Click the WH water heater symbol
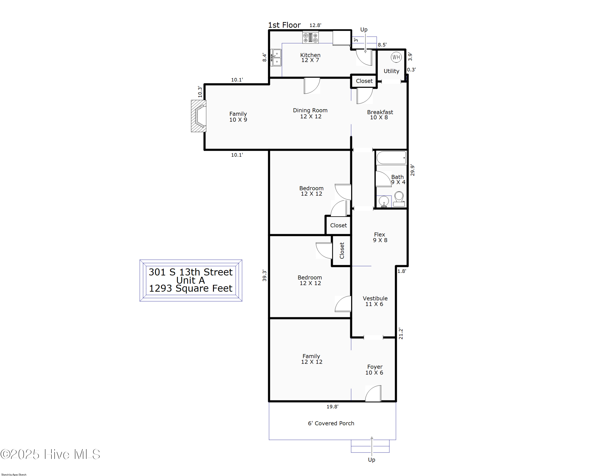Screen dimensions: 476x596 pyautogui.click(x=396, y=57)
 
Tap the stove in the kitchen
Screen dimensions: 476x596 pyautogui.click(x=310, y=37)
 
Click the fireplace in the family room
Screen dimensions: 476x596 pyautogui.click(x=199, y=116)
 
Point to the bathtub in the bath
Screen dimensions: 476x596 pyautogui.click(x=391, y=158)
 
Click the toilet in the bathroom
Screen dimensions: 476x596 pyautogui.click(x=399, y=199)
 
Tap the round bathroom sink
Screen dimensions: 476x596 pyautogui.click(x=384, y=201)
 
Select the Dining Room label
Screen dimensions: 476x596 pyautogui.click(x=310, y=110)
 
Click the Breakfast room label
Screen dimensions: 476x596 pyautogui.click(x=380, y=112)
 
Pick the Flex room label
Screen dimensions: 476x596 pyautogui.click(x=379, y=234)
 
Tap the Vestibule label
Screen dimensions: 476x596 pyautogui.click(x=375, y=298)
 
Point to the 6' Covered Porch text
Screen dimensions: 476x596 pyautogui.click(x=331, y=423)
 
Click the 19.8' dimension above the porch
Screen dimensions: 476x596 pyautogui.click(x=332, y=407)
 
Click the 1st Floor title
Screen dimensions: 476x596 pyautogui.click(x=284, y=25)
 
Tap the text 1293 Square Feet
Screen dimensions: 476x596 pyautogui.click(x=191, y=288)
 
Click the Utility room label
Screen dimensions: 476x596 pyautogui.click(x=391, y=71)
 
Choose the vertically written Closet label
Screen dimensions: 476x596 pyautogui.click(x=342, y=250)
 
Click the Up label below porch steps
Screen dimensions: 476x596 pyautogui.click(x=371, y=460)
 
